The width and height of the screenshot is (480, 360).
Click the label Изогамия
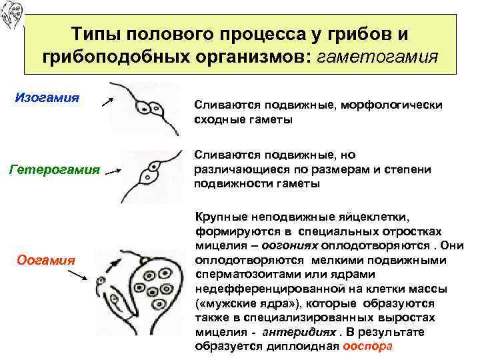point(47,98)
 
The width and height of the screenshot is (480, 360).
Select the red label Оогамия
point(46,259)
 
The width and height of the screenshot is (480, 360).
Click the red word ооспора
point(367,347)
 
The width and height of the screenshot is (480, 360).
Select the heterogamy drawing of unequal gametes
point(150,175)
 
